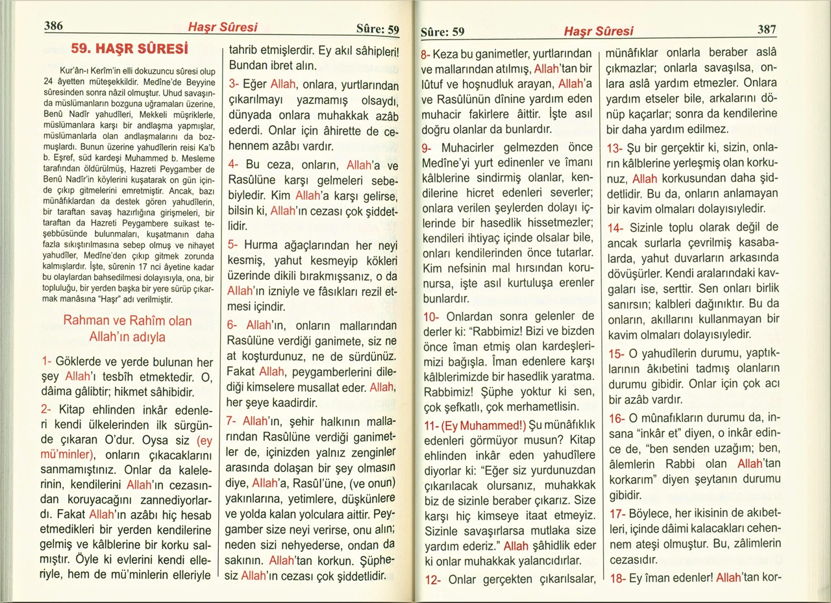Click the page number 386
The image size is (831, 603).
coord(53,27)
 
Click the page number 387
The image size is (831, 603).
coord(767,29)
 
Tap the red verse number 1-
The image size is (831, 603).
coord(47,361)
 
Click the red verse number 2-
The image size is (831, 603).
coord(47,410)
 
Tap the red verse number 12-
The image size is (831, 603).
coord(432,580)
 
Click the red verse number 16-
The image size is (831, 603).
coord(616,417)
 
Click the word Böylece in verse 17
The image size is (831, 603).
coord(651,513)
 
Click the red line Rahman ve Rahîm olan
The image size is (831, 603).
coord(127,321)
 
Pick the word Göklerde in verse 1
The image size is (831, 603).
coord(81,361)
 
